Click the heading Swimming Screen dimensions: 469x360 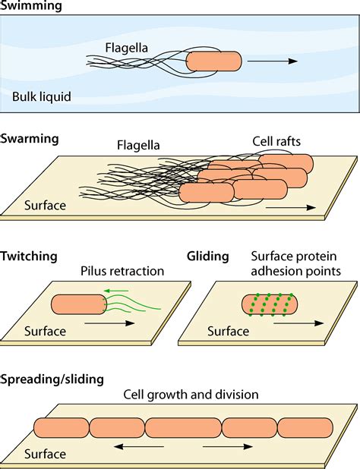[x=31, y=7]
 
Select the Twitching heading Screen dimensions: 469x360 [x=30, y=257]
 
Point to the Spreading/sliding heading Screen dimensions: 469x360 [x=52, y=378]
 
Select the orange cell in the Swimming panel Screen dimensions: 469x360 [x=213, y=61]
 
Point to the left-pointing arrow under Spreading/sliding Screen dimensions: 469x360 [x=144, y=448]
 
